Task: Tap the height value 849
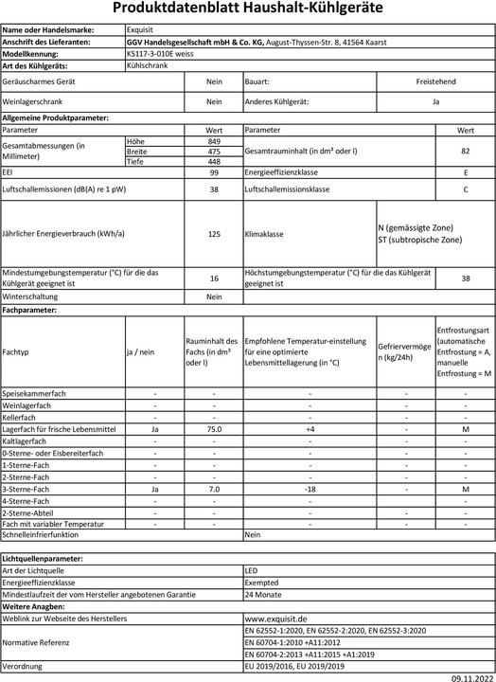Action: pyautogui.click(x=214, y=140)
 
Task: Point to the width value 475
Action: pyautogui.click(x=214, y=151)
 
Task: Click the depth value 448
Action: pyautogui.click(x=214, y=161)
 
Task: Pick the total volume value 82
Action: pyautogui.click(x=465, y=151)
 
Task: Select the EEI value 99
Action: pyautogui.click(x=214, y=173)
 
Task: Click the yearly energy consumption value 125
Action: pyautogui.click(x=214, y=233)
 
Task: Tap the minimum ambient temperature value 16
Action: pyautogui.click(x=214, y=278)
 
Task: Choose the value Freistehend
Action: pyautogui.click(x=435, y=82)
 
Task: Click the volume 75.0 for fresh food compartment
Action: pyautogui.click(x=214, y=429)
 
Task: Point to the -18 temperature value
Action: pyautogui.click(x=309, y=489)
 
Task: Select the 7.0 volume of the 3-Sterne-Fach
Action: pyautogui.click(x=214, y=489)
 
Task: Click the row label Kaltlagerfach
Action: pyautogui.click(x=26, y=441)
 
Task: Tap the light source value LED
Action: pyautogui.click(x=252, y=571)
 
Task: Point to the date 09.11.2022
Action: pyautogui.click(x=471, y=675)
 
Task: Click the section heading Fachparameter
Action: pyautogui.click(x=31, y=310)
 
